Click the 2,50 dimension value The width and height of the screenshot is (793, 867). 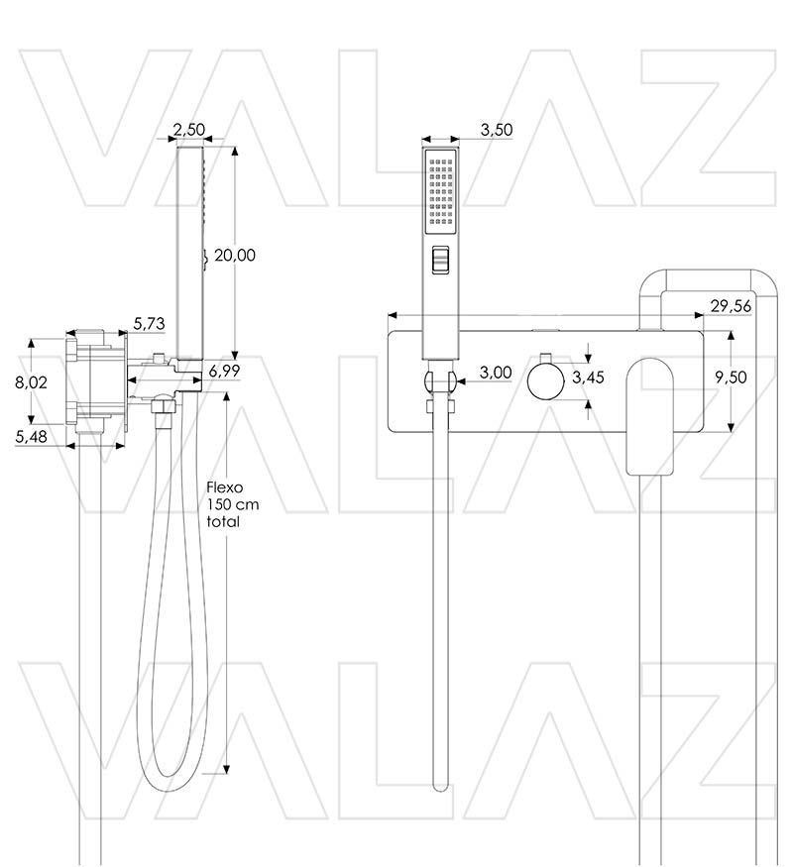pyautogui.click(x=188, y=130)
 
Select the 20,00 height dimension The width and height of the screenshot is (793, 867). pyautogui.click(x=235, y=255)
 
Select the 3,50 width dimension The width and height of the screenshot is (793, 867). pyautogui.click(x=497, y=130)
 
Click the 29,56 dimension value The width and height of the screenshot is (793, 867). pyautogui.click(x=731, y=306)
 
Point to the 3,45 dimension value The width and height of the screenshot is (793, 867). pyautogui.click(x=589, y=377)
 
